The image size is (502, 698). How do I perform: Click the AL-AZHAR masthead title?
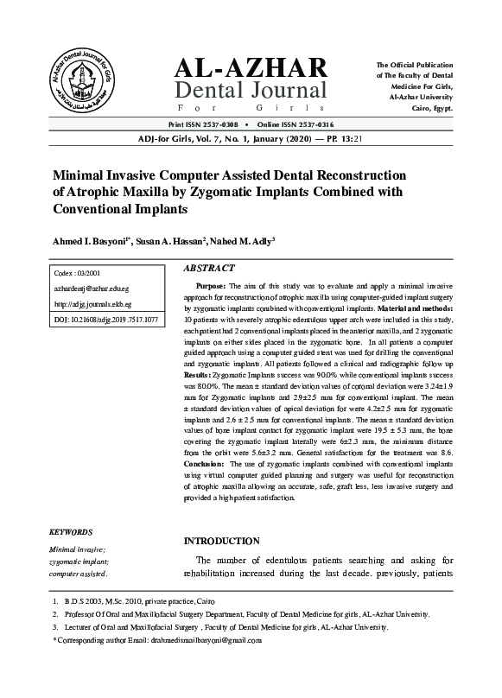click(x=251, y=68)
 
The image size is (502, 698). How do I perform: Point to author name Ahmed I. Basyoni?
click(x=90, y=239)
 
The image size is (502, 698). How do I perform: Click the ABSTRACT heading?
click(x=209, y=269)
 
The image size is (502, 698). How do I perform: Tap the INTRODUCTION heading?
click(x=222, y=541)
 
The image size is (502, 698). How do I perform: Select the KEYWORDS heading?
click(x=71, y=532)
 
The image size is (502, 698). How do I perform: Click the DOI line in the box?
click(x=105, y=320)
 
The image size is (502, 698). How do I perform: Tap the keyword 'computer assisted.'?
click(x=79, y=573)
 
